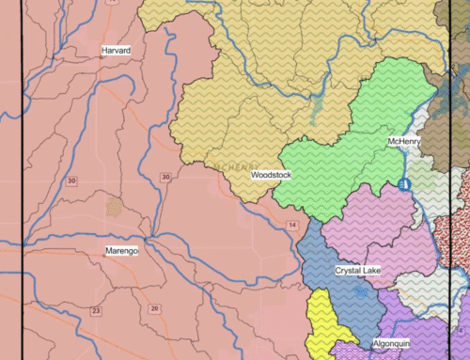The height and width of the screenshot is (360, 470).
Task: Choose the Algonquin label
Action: click(389, 345)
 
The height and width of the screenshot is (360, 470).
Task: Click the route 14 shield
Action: click(292, 226)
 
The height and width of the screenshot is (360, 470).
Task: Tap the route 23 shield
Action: click(96, 310)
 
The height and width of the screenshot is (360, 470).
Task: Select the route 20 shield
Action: click(154, 308)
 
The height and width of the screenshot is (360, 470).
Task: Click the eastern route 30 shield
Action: click(165, 177)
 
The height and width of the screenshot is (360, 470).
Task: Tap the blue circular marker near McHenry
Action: click(405, 184)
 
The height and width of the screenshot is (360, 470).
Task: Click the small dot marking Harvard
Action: click(102, 57)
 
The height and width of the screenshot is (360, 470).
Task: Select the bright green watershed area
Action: click(329, 160)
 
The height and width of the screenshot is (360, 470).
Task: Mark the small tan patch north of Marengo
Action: click(114, 206)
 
